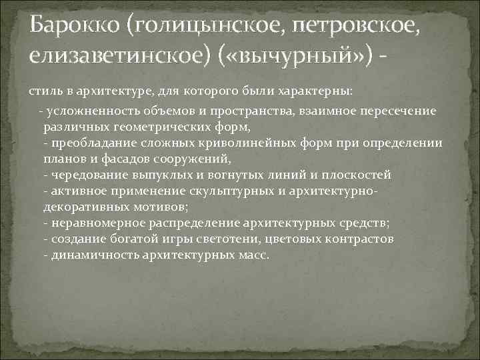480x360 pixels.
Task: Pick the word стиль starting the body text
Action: (x=43, y=90)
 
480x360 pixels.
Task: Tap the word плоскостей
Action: (x=358, y=175)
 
